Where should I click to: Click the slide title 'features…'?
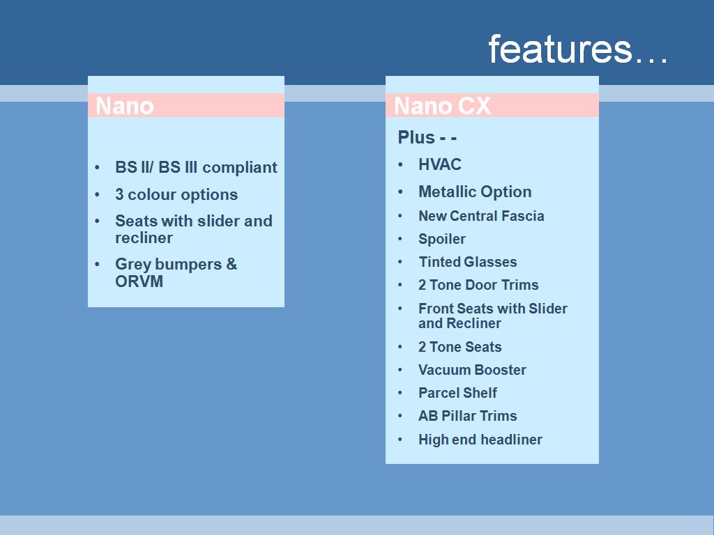point(578,49)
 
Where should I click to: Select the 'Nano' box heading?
point(125,106)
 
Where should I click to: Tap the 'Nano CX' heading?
point(442,106)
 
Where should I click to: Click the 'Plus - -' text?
point(427,137)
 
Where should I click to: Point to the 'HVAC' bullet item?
point(440,164)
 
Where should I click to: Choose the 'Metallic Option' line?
point(475,192)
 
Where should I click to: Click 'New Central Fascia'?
point(481,216)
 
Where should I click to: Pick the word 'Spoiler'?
point(441,240)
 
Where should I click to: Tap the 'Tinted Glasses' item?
point(468,262)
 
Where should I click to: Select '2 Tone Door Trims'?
point(478,285)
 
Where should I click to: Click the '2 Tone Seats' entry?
point(460,347)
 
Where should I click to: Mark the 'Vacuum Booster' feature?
point(472,370)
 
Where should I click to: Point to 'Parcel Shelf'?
point(457,393)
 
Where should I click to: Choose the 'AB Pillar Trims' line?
point(468,416)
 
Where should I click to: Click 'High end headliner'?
point(480,440)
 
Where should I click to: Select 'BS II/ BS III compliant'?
point(196,167)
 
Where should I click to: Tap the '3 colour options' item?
point(176,195)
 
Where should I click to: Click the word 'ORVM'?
point(139,281)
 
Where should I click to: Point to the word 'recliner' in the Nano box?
point(144,238)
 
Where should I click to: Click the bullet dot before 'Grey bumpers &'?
point(97,264)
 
